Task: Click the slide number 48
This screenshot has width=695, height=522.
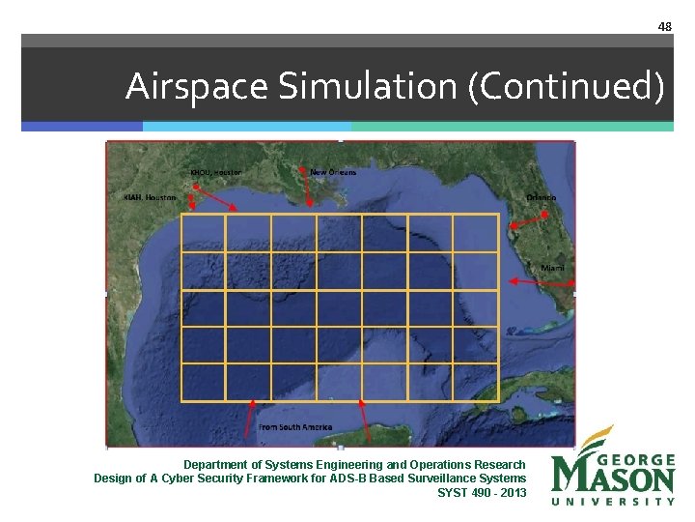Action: tap(664, 26)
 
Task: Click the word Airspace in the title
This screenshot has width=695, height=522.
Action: tap(198, 87)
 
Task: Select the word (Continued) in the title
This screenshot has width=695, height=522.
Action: tap(566, 87)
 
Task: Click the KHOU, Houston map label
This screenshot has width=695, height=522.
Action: tap(215, 172)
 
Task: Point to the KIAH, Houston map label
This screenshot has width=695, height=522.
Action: tap(151, 197)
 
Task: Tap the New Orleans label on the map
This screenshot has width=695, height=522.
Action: tap(333, 172)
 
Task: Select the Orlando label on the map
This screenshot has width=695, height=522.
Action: tap(541, 198)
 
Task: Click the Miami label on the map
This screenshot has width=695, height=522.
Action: tap(553, 267)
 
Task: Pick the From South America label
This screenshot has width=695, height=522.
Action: tap(295, 426)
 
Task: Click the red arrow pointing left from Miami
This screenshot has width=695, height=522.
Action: tap(541, 281)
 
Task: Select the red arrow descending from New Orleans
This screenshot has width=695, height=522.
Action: tap(306, 191)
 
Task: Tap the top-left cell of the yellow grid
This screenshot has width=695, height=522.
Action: tap(203, 233)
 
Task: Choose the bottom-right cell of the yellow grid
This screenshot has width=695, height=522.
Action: tap(476, 382)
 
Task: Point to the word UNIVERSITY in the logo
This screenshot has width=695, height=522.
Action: tap(613, 502)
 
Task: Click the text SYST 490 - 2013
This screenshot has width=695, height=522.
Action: tap(482, 493)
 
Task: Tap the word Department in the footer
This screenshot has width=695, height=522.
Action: tap(216, 465)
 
